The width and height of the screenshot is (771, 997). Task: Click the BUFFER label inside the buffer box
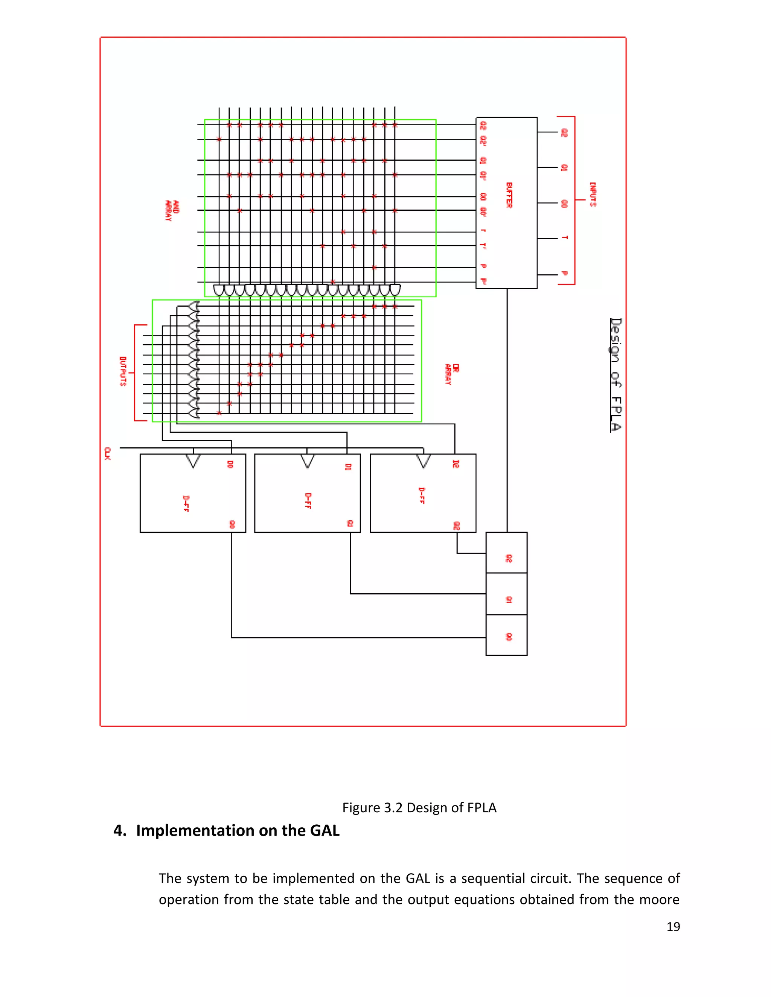pyautogui.click(x=509, y=195)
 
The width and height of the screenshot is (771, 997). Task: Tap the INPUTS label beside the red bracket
pyautogui.click(x=593, y=195)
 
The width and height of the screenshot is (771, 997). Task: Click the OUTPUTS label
pyautogui.click(x=123, y=371)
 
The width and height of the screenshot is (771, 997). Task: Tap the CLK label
pyautogui.click(x=107, y=453)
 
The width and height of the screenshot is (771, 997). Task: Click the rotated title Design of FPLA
pyautogui.click(x=616, y=375)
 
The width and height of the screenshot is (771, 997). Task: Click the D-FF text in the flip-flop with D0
pyautogui.click(x=186, y=503)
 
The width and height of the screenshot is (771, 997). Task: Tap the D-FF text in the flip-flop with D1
pyautogui.click(x=308, y=501)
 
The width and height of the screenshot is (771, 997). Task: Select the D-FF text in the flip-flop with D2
pyautogui.click(x=422, y=496)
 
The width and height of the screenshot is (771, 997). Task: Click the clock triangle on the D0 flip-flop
pyautogui.click(x=193, y=461)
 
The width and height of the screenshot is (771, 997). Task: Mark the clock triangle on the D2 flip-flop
pyautogui.click(x=424, y=461)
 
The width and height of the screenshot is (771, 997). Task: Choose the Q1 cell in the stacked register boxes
pyautogui.click(x=507, y=594)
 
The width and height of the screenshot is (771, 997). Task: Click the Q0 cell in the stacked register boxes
pyautogui.click(x=507, y=635)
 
